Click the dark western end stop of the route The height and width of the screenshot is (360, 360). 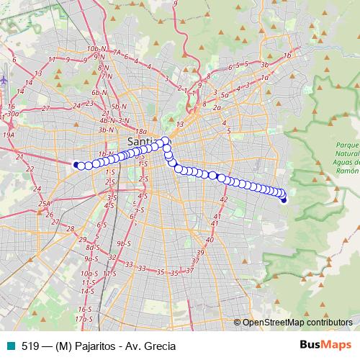(76, 164)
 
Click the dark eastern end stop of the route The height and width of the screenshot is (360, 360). (284, 199)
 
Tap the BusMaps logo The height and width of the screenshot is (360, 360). (325, 345)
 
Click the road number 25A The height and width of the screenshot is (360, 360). (45, 204)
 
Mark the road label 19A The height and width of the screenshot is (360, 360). (9, 135)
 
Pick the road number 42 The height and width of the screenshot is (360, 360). (224, 199)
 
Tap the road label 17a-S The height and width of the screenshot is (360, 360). (84, 318)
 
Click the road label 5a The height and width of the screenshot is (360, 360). (225, 95)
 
